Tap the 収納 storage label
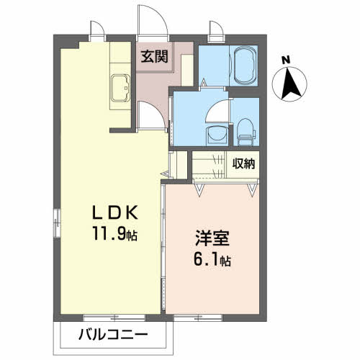click(243, 163)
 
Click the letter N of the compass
click(286, 60)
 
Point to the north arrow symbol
click(291, 83)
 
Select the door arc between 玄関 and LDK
click(150, 114)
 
